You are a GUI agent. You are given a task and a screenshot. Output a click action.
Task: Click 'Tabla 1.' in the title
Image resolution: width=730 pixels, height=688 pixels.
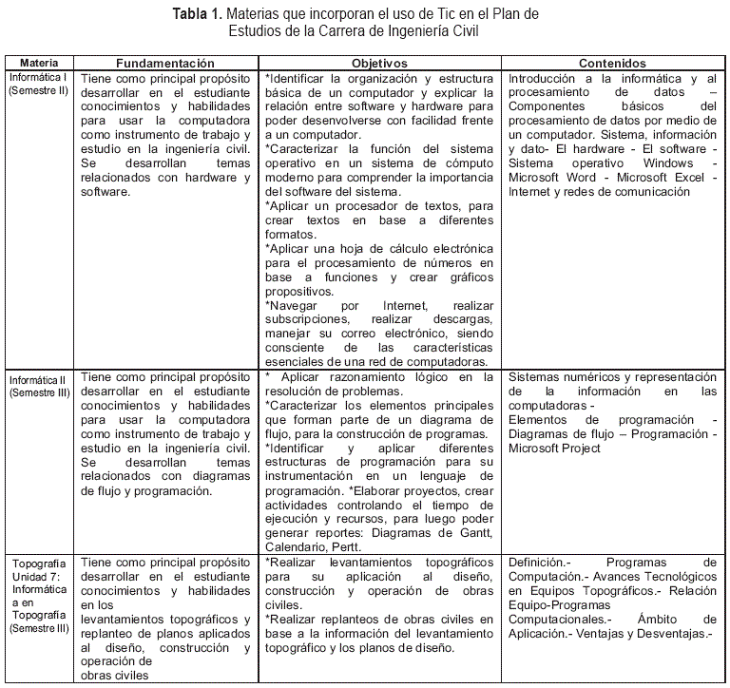coord(197,15)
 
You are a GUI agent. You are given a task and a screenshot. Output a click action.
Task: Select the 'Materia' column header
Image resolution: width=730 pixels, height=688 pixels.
coord(38,63)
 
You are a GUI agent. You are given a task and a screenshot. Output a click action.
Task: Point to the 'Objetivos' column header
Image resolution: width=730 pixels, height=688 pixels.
coord(379,63)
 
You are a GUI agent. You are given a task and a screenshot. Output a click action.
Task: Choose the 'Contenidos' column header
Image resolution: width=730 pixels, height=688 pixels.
coord(612,63)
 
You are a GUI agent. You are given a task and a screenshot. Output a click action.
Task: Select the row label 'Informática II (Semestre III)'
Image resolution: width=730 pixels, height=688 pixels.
coord(38,387)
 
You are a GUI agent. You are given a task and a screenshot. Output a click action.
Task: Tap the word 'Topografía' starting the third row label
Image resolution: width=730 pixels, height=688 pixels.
coord(38,563)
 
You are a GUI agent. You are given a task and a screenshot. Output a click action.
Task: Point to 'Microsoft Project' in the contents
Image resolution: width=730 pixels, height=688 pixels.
coord(554,449)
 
